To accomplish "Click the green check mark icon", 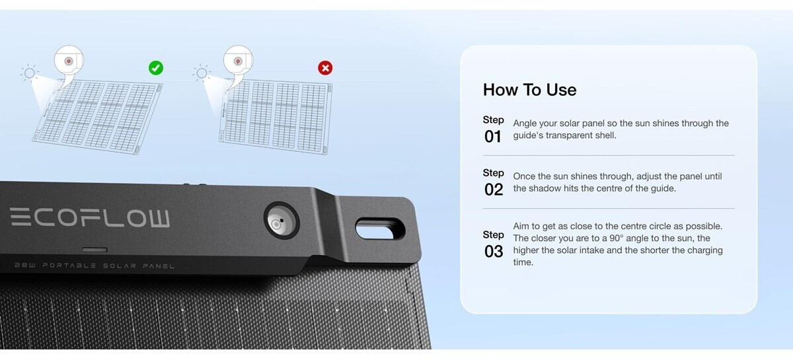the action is click(156, 68).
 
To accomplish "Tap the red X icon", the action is click(325, 68).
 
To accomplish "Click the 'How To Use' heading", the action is click(529, 90).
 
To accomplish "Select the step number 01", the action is click(493, 137).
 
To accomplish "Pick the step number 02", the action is click(494, 190).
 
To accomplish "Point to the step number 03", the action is click(494, 252).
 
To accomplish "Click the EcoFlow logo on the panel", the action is click(90, 217).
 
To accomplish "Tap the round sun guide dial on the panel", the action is click(282, 221).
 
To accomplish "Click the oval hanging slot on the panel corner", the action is click(380, 229).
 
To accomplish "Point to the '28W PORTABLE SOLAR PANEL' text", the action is click(94, 266).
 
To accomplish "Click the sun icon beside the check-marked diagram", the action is click(29, 73).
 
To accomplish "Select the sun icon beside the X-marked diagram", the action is click(202, 73).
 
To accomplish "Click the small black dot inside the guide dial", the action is click(282, 220).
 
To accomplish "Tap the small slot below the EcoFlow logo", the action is click(95, 250).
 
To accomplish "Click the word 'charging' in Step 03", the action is click(704, 250).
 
